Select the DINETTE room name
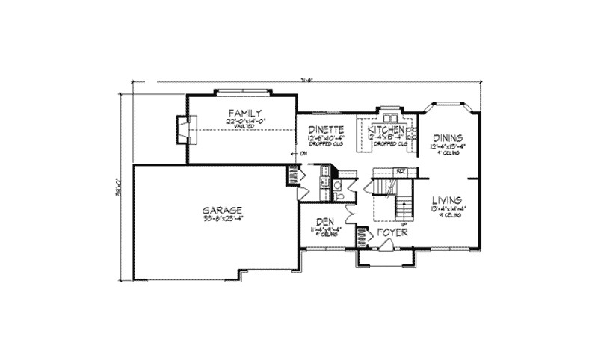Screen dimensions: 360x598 [325, 128]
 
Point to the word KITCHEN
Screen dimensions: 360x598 [386, 128]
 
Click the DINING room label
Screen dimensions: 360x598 [448, 138]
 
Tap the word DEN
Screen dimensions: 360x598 [324, 221]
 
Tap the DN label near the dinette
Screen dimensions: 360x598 [303, 155]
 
